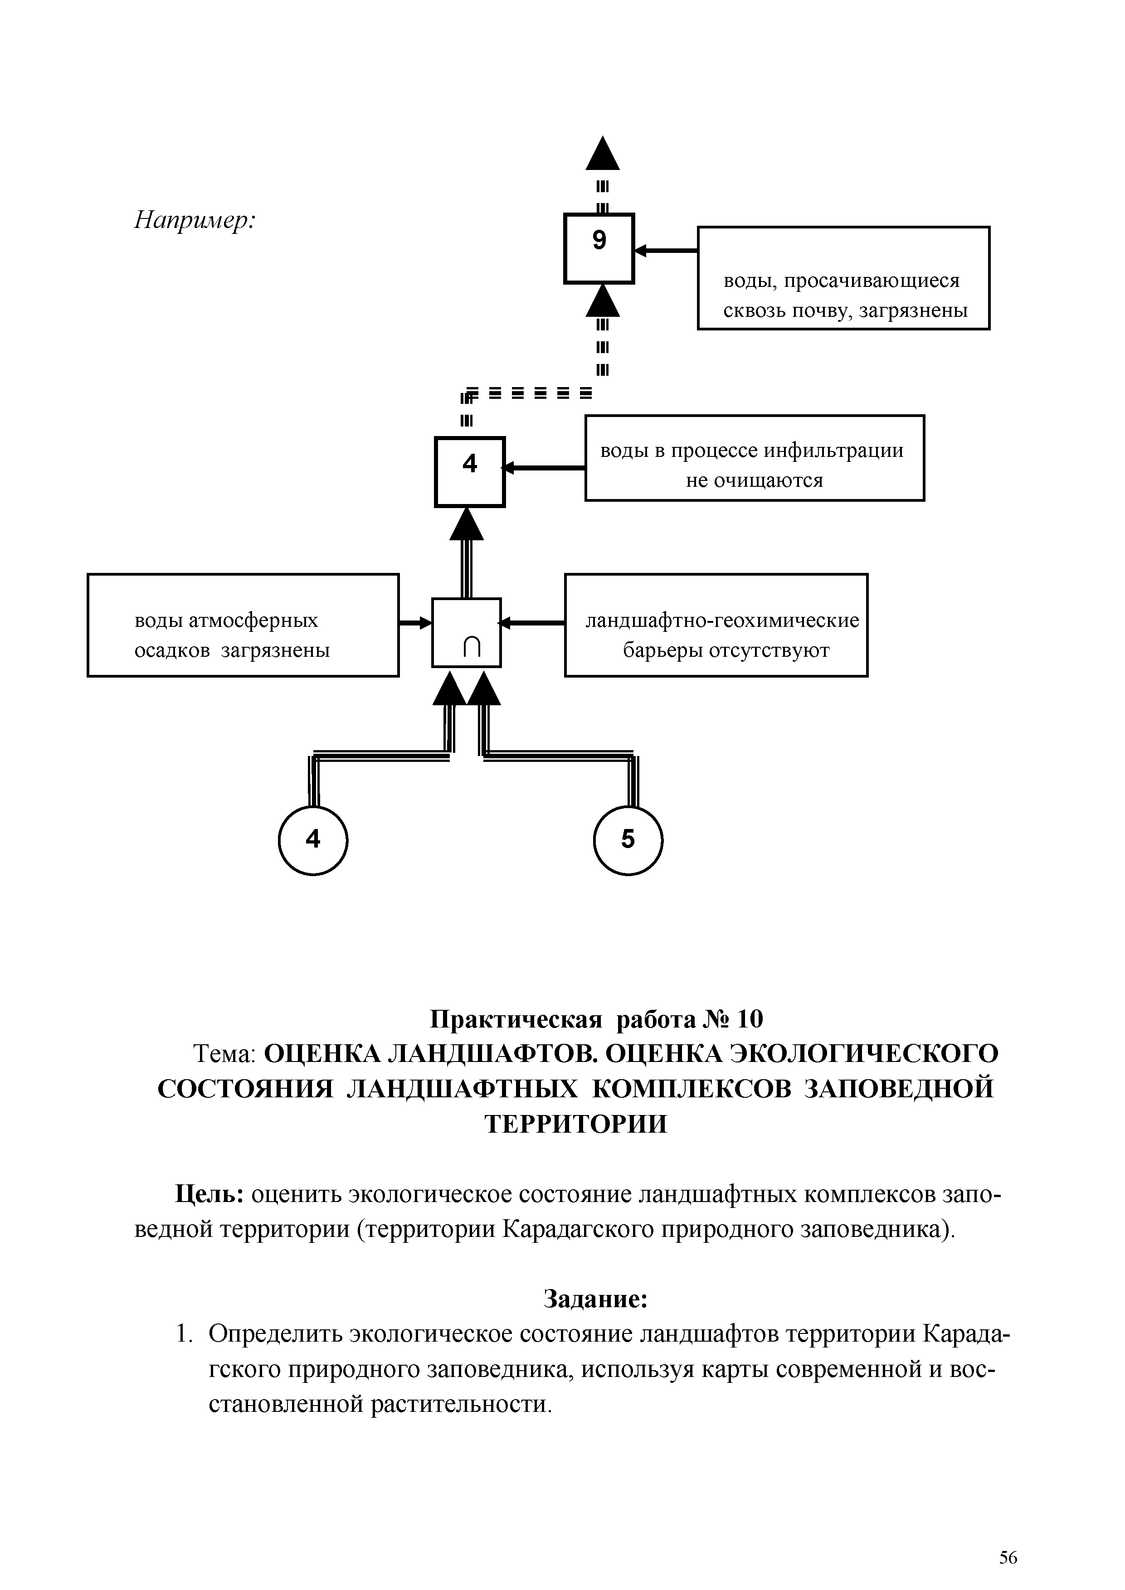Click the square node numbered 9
[x=599, y=249]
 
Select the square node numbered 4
[x=470, y=471]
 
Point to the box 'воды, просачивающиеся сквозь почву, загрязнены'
[x=843, y=278]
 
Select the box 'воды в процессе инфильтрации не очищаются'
[x=755, y=458]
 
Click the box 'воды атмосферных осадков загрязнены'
[x=243, y=625]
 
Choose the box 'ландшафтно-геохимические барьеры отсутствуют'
[x=716, y=625]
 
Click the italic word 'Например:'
[x=195, y=220]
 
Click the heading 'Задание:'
[x=596, y=1299]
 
